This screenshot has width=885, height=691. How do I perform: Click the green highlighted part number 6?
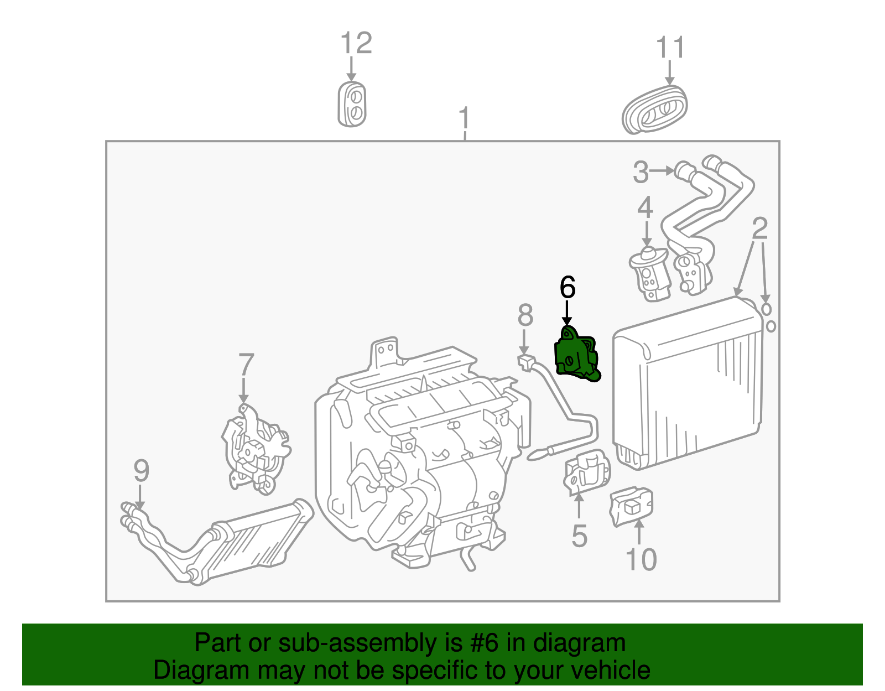(x=576, y=355)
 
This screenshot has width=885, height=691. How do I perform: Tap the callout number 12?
(x=356, y=43)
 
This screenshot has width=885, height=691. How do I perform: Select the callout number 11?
(x=670, y=48)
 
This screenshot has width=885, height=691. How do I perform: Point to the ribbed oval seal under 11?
(x=655, y=110)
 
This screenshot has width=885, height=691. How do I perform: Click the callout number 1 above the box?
(x=464, y=119)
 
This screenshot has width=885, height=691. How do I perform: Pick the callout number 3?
(x=641, y=172)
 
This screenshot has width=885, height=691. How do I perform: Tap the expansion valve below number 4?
(x=648, y=274)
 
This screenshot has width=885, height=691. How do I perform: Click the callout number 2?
(x=760, y=228)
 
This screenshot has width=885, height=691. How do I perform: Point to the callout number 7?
(x=246, y=365)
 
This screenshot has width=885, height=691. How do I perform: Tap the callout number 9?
(x=141, y=471)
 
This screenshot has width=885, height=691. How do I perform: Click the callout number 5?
(x=579, y=536)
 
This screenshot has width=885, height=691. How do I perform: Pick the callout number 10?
(x=641, y=559)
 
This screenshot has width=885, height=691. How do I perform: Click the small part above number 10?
(x=631, y=506)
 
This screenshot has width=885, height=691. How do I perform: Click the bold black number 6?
(x=568, y=288)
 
